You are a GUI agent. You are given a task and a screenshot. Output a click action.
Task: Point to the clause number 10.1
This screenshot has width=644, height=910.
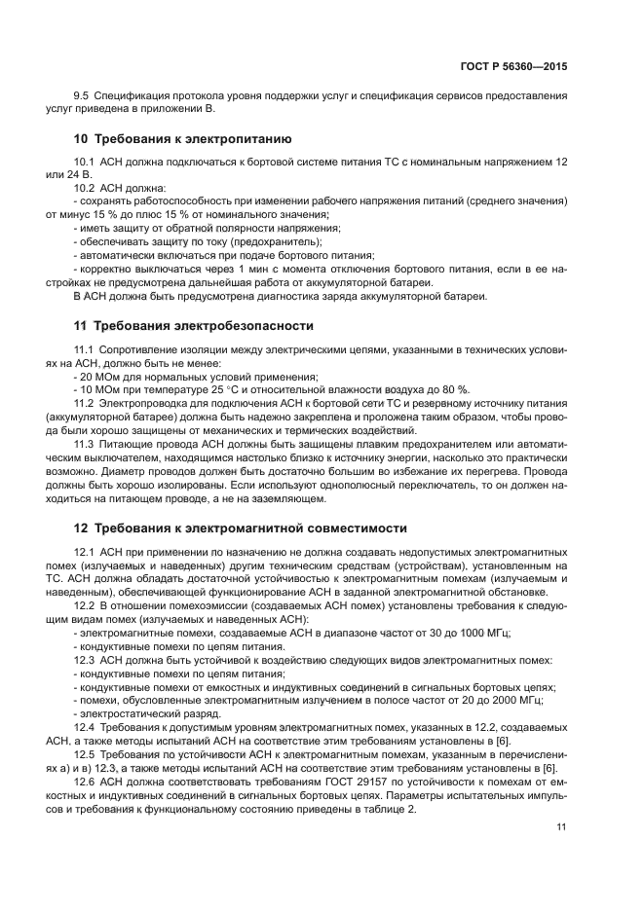85,160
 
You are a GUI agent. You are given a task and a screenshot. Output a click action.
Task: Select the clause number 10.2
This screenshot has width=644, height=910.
85,187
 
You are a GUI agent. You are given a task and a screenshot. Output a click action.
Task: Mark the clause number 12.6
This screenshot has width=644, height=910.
85,782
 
